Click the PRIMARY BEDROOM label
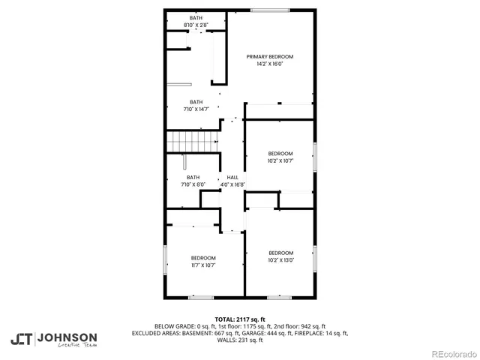[x=270, y=57]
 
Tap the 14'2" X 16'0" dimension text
[x=270, y=64]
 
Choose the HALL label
[x=232, y=178]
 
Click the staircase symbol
[x=192, y=140]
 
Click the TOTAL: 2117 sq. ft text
[x=240, y=319]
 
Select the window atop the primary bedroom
[x=270, y=10]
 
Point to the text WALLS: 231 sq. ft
[x=240, y=340]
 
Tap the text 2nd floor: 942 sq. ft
[x=297, y=326]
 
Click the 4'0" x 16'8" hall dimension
[x=232, y=184]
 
